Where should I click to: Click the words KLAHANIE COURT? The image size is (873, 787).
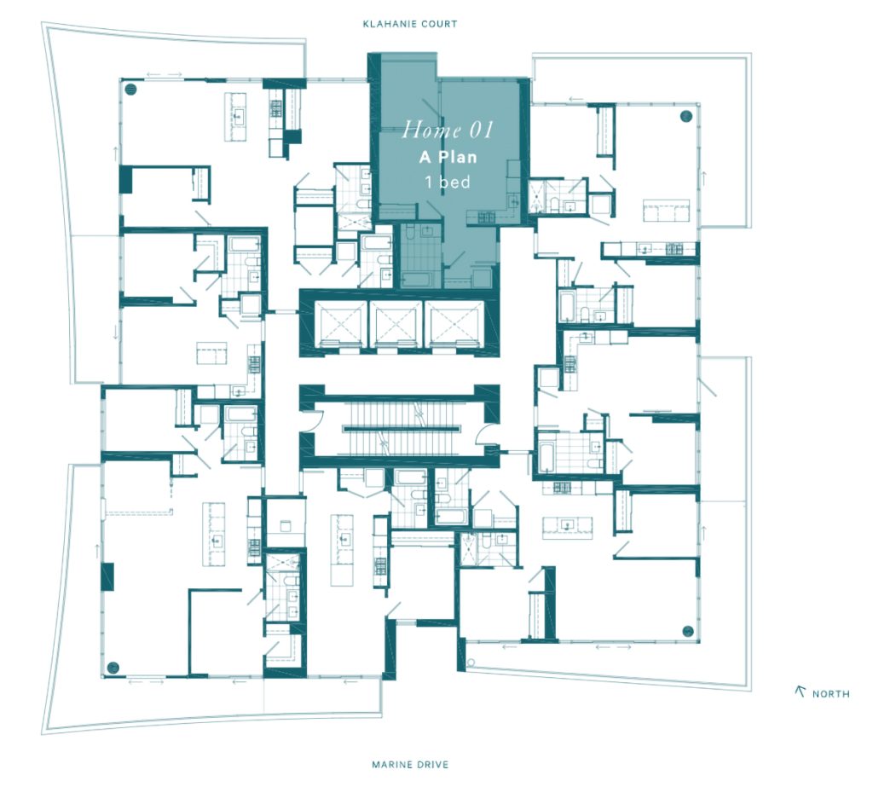[410, 24]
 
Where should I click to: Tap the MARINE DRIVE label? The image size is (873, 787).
[410, 765]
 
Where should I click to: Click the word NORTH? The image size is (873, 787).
[830, 694]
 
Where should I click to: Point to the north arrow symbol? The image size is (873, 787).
[801, 692]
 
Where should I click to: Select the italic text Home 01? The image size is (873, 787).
[448, 130]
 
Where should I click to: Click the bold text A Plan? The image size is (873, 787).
[448, 157]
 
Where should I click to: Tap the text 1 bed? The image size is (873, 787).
[448, 182]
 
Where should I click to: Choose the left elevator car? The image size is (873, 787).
[340, 325]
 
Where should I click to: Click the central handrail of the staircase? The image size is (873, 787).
[402, 429]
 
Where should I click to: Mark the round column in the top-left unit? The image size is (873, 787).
[130, 88]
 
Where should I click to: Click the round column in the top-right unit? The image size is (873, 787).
[686, 116]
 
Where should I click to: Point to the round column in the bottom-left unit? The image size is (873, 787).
[113, 668]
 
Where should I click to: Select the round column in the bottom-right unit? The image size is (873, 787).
[688, 631]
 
